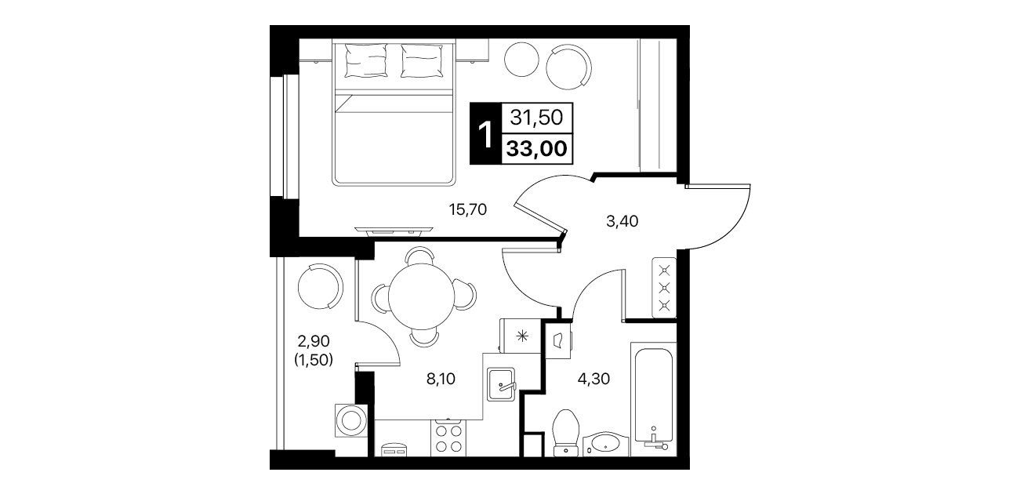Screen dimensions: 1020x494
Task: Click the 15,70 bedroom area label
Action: pos(467,209)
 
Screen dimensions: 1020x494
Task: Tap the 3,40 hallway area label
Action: pos(622,221)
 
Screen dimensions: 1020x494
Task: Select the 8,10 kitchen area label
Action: pos(441,379)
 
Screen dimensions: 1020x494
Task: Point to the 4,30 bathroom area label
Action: pos(593,379)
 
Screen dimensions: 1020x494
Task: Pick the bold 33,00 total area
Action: pos(537,148)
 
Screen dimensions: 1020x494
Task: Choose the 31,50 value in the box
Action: pos(536,118)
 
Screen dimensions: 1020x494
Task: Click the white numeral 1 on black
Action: pos(485,134)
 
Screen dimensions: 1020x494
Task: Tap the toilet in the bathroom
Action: pos(565,433)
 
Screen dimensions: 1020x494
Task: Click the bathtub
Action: pos(653,399)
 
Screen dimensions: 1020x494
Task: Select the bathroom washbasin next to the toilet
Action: pos(605,444)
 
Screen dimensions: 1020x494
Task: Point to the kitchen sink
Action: pos(501,385)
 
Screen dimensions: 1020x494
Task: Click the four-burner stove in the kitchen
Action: pos(448,438)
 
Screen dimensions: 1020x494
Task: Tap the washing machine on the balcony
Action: pos(351,420)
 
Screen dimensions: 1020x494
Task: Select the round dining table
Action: pos(422,296)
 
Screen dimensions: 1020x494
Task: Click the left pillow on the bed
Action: pos(366,60)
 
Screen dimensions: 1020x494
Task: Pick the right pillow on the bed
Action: pos(422,60)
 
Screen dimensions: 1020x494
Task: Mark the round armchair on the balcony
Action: pos(320,287)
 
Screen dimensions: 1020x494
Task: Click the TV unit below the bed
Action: pos(394,231)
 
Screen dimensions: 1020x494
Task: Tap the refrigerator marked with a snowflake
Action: pos(521,336)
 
